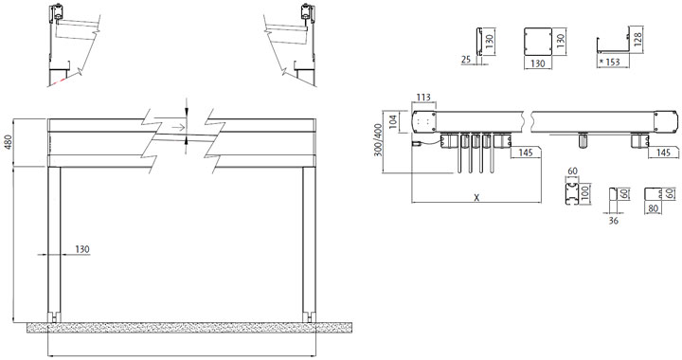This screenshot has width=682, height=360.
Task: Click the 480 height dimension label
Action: (9, 143)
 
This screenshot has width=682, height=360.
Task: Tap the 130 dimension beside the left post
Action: (82, 249)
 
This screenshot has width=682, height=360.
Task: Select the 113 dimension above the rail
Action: (423, 97)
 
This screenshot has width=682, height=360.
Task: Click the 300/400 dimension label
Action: (377, 140)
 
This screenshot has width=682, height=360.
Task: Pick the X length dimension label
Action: (476, 197)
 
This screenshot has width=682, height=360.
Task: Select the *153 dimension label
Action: (609, 63)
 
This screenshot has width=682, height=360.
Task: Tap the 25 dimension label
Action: (466, 59)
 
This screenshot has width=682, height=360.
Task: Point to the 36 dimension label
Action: (613, 221)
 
